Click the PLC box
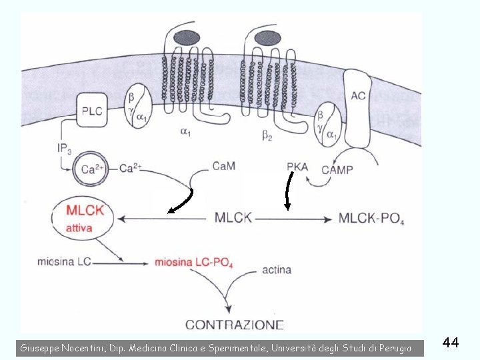[x=93, y=111]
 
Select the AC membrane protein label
[x=358, y=96]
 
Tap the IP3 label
[x=65, y=148]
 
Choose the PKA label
[x=297, y=166]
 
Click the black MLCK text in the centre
[x=233, y=218]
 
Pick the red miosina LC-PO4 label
[x=193, y=262]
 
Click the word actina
[x=276, y=270]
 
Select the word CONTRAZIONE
[x=234, y=325]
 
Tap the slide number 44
[x=451, y=343]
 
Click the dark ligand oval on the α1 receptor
[x=187, y=38]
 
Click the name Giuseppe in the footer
[x=39, y=347]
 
